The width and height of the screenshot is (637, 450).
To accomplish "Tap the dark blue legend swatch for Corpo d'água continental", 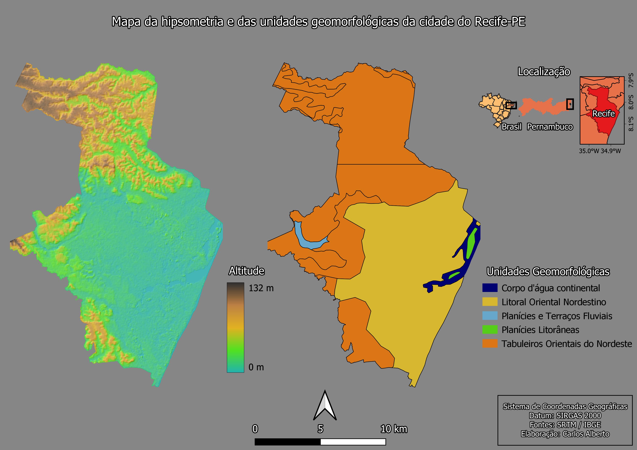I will tap(490, 288).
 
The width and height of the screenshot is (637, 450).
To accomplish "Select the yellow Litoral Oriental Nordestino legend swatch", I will tap(490, 302).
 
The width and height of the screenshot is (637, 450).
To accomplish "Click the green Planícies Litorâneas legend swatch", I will tap(490, 330).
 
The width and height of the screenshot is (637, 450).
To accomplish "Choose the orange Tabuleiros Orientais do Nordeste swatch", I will tap(490, 344).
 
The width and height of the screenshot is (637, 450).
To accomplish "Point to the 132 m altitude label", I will tap(261, 288).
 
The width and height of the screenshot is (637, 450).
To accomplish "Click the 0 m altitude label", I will tap(256, 367).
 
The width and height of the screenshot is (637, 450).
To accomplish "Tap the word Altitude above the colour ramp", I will tap(246, 271).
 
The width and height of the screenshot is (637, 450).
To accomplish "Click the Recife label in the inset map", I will tap(603, 114).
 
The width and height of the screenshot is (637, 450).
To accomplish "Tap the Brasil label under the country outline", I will tap(512, 127).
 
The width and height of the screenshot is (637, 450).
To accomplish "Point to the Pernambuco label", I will tap(550, 127).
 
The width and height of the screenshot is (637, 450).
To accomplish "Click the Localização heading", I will tap(544, 72).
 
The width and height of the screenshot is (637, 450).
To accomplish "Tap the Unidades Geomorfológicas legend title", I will tap(548, 272).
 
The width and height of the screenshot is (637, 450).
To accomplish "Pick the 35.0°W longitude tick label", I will tap(589, 151).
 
